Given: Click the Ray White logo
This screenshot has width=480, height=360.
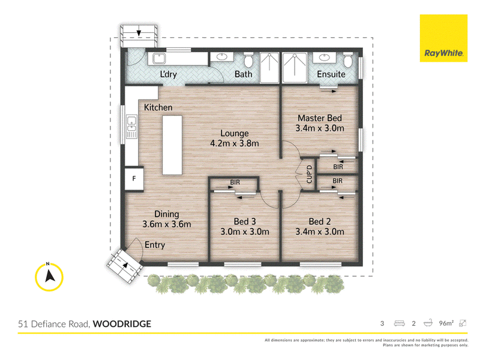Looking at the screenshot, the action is pos(443,38).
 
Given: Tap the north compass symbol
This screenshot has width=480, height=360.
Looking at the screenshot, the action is pos(49,277).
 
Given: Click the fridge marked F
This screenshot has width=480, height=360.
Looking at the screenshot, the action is pos(134,179).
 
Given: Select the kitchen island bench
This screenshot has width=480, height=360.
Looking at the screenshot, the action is pos(172,145).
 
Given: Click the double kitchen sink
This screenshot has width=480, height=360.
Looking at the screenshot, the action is pos(132,127).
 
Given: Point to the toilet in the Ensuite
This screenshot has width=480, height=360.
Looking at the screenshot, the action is pos(348,61).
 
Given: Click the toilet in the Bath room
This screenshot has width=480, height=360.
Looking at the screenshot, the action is pos(248,61).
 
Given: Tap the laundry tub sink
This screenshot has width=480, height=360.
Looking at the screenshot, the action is pos(159,58).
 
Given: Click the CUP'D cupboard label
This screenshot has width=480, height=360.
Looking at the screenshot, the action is pos(309,174).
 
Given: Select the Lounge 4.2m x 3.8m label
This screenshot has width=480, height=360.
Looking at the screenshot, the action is pos(235,139).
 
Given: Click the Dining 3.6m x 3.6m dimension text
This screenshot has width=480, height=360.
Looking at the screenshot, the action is pos(167,224).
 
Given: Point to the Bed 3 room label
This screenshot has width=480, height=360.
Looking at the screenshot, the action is pos(245,221).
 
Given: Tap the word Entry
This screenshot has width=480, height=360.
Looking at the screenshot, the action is pos(155,245).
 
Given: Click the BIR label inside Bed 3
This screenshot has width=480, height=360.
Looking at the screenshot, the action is pos(235,182).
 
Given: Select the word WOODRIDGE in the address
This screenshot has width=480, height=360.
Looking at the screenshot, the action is pos(122,324).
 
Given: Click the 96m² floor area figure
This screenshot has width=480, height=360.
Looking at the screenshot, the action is pos(446,323).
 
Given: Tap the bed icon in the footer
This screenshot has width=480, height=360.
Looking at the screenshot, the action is pos(399,323).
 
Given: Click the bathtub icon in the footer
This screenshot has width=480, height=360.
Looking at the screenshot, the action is pos(428,323).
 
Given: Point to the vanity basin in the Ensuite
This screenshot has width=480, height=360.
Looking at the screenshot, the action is pos(324,58).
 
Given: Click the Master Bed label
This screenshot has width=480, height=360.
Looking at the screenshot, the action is pos(320,118).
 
